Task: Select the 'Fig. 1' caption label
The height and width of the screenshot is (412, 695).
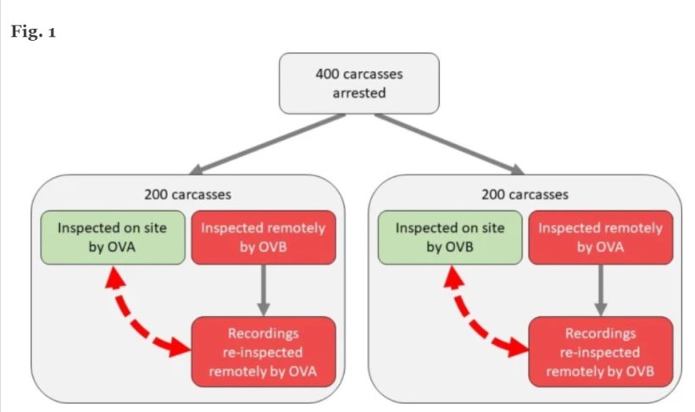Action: click(32, 32)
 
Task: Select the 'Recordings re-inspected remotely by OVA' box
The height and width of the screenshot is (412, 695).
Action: click(264, 349)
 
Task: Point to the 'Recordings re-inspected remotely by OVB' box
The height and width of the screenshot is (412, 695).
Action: click(600, 349)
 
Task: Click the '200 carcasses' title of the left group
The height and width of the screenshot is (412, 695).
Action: click(188, 194)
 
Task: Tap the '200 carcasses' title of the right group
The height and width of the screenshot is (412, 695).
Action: click(525, 194)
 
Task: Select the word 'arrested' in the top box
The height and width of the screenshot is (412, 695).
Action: click(359, 92)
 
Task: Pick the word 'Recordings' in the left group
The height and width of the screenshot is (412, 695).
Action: click(264, 333)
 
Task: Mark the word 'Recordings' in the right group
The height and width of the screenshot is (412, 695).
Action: click(600, 333)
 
